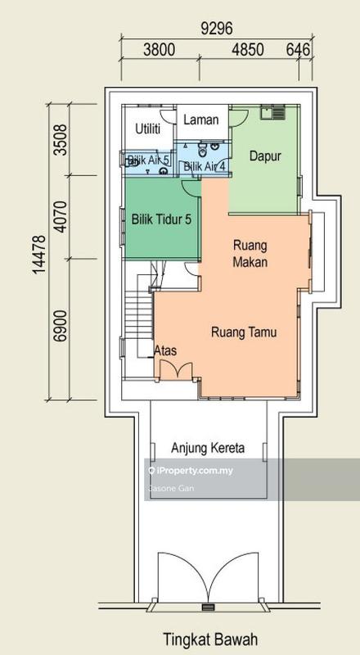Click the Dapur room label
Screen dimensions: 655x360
point(265,154)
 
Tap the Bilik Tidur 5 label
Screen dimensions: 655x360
point(161,219)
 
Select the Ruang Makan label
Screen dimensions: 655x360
point(252,253)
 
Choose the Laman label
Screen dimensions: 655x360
point(200,120)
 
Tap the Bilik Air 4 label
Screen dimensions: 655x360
point(204,167)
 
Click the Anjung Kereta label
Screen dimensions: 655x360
point(208,449)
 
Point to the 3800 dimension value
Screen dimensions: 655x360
point(160,50)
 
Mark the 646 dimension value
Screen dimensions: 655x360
point(299,50)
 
